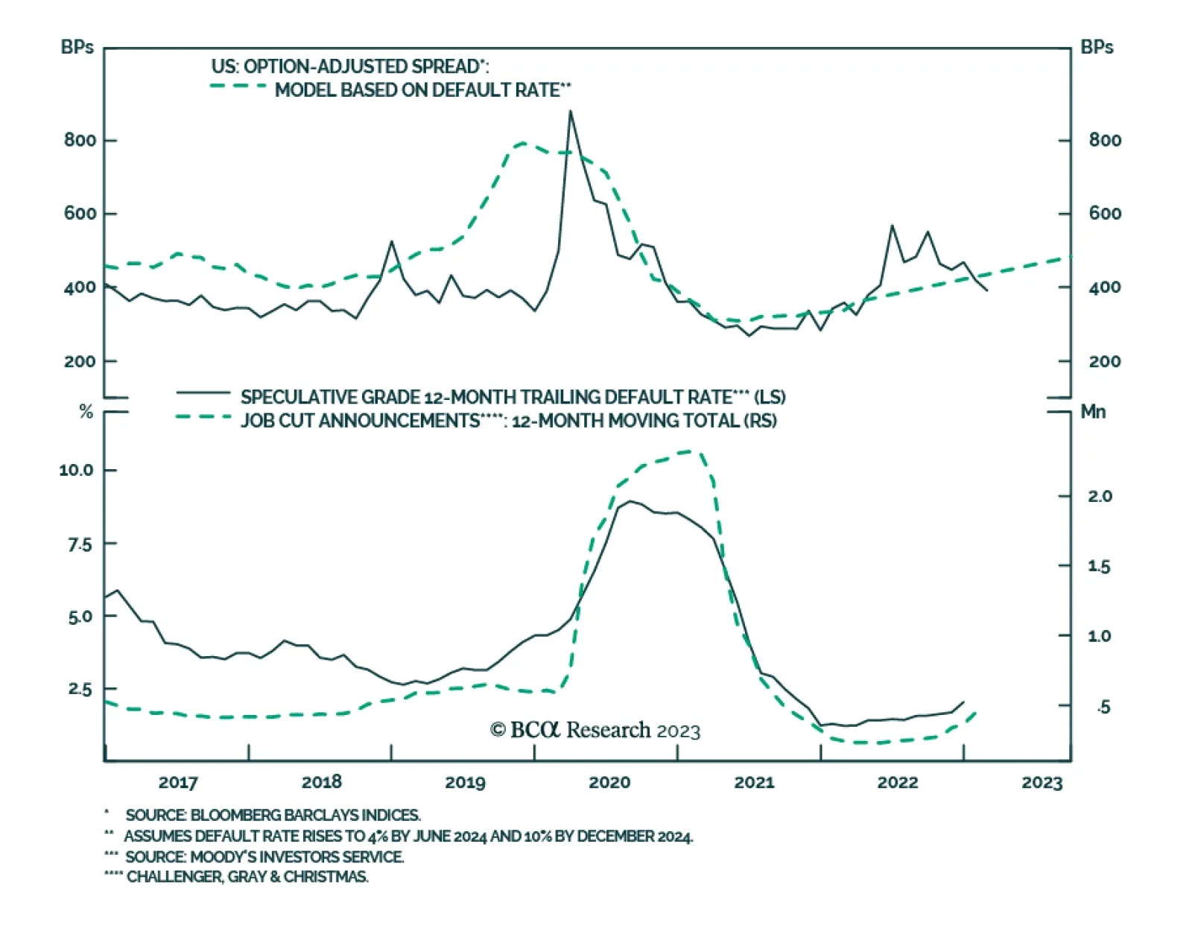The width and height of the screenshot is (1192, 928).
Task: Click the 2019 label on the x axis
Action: pyautogui.click(x=465, y=782)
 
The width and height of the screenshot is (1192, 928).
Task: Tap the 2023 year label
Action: pyautogui.click(x=1042, y=782)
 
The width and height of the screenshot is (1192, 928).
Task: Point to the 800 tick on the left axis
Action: pyautogui.click(x=80, y=140)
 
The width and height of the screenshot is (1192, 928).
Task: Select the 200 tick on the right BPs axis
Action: pyautogui.click(x=1105, y=361)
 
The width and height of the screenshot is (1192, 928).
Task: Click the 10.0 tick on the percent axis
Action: pyautogui.click(x=77, y=470)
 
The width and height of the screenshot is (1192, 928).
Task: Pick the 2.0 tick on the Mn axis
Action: pyautogui.click(x=1100, y=496)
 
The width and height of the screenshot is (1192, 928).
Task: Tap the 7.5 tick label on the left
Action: pyautogui.click(x=80, y=544)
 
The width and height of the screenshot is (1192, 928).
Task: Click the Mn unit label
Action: pyautogui.click(x=1093, y=412)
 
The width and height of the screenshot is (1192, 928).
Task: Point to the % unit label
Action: pyautogui.click(x=86, y=412)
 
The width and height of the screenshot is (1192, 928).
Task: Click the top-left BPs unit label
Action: pyautogui.click(x=77, y=47)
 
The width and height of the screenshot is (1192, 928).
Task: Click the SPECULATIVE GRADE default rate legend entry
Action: pyautogui.click(x=513, y=397)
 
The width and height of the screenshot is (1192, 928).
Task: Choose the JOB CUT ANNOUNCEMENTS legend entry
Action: pyautogui.click(x=508, y=421)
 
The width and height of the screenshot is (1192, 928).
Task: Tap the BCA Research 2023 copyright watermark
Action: pyautogui.click(x=595, y=730)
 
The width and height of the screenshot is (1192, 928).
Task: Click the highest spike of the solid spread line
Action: pyautogui.click(x=571, y=112)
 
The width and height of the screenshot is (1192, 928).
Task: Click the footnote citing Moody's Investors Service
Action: pyautogui.click(x=264, y=857)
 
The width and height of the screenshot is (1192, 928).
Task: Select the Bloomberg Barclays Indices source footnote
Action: pyautogui.click(x=273, y=815)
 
